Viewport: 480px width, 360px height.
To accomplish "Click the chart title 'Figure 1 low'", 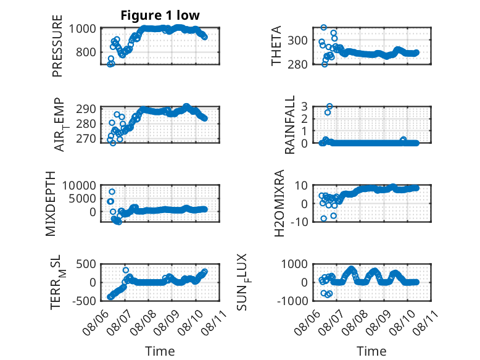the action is (x=160, y=15).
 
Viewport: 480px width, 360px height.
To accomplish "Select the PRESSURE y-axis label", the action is (x=57, y=46).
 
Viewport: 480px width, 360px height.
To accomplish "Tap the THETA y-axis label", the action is (x=276, y=46).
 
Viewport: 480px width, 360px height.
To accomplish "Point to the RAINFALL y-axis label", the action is (x=289, y=124).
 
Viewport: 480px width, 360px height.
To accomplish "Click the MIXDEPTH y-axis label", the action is (x=51, y=203).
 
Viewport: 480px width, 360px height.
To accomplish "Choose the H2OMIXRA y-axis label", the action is (x=279, y=203).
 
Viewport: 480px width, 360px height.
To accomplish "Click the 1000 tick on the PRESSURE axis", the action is (x=82, y=28).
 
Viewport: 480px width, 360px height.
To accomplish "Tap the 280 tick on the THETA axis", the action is (x=297, y=64).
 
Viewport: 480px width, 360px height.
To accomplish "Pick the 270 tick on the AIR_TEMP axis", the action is (x=86, y=138).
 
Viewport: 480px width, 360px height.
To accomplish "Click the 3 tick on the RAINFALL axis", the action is (x=304, y=107).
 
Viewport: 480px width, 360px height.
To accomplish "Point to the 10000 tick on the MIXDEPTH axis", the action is (x=79, y=185).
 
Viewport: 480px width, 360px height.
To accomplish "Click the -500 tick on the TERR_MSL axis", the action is (x=84, y=301).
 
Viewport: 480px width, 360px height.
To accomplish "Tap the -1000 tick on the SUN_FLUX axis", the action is (x=292, y=301).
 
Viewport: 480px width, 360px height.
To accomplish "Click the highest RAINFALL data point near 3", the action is (x=329, y=106).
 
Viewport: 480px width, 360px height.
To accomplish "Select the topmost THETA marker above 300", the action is (x=324, y=27).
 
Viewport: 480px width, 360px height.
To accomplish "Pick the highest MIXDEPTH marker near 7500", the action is (x=112, y=192).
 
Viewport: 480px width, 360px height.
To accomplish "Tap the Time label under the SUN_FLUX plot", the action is (x=371, y=351).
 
